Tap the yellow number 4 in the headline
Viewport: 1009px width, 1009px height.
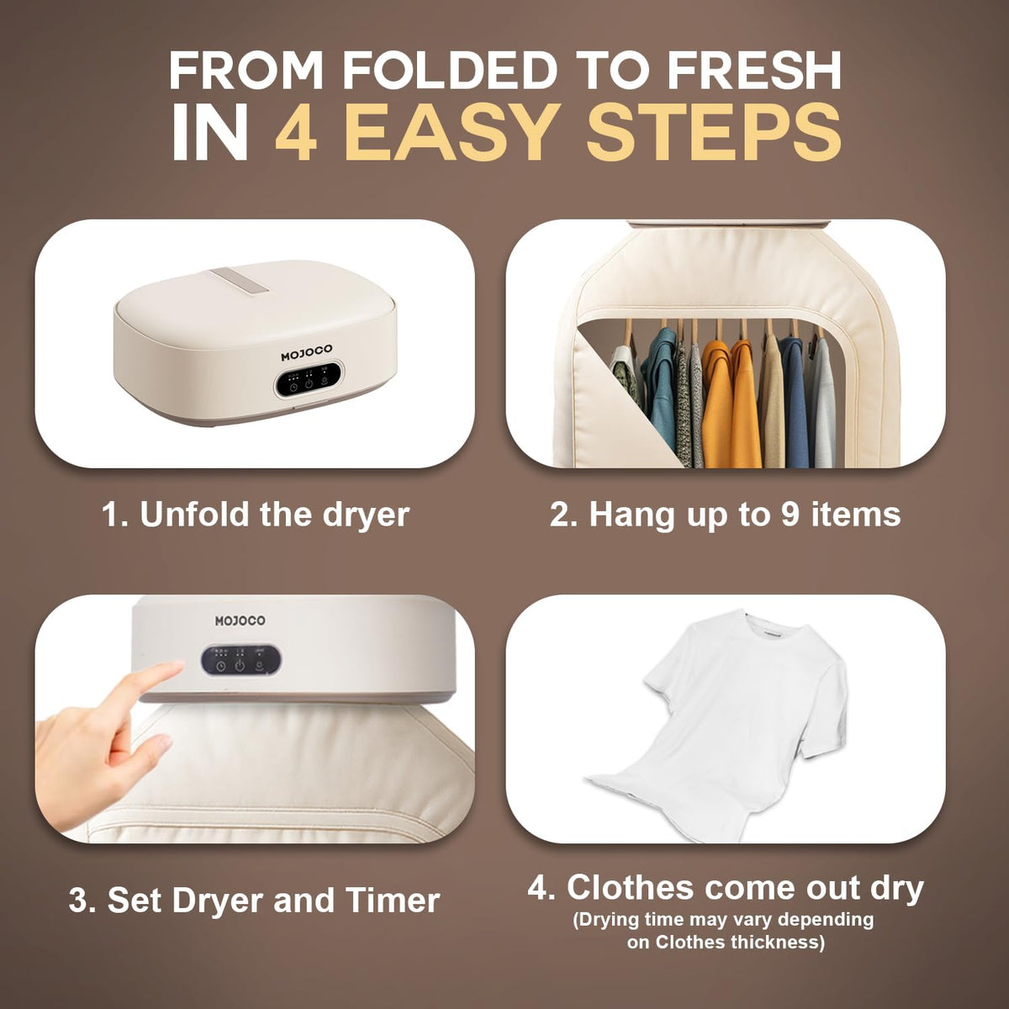(296, 133)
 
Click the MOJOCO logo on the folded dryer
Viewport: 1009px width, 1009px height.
(306, 354)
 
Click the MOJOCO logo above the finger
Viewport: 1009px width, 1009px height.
(240, 621)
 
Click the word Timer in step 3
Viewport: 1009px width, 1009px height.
(397, 901)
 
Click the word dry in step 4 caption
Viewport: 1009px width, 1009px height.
(897, 888)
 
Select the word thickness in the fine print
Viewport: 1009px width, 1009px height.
(773, 942)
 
